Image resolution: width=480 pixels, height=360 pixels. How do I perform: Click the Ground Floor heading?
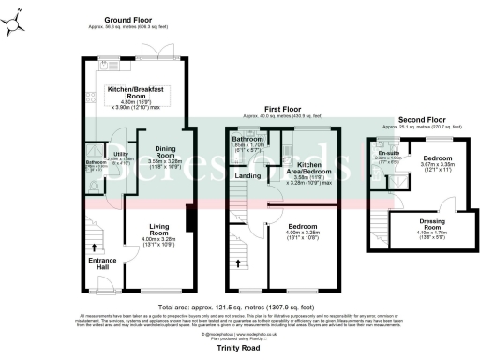coord(129,20)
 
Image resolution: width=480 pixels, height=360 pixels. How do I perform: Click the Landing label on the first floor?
coord(247,174)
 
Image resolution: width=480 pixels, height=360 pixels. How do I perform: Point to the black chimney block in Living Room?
coord(189,217)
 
